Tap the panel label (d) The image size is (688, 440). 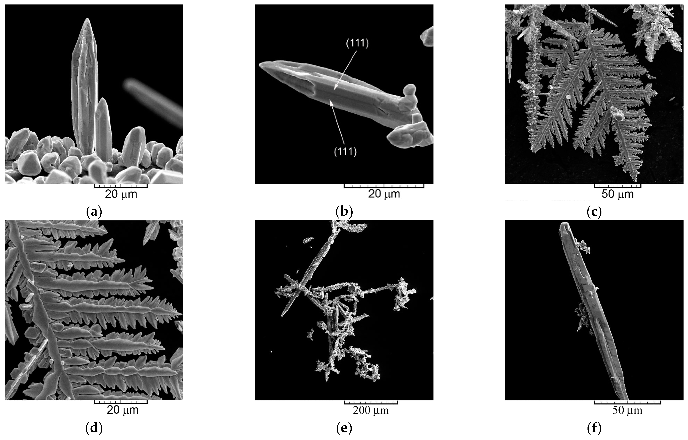coord(94,428)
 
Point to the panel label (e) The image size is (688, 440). coord(344,428)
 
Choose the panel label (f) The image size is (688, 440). coord(594,428)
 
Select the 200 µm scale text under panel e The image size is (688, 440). coord(371,410)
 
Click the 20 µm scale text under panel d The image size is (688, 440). coord(123,410)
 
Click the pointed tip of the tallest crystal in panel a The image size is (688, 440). coord(87,19)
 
